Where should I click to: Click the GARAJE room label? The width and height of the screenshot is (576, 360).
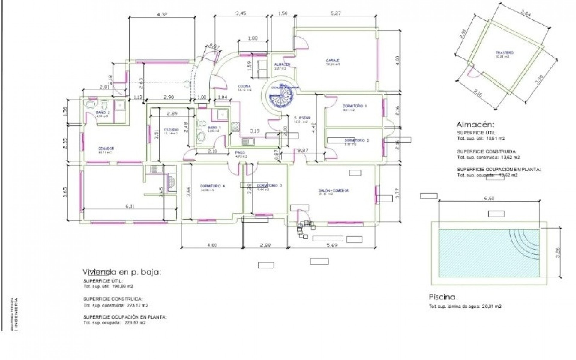pyautogui.click(x=333, y=61)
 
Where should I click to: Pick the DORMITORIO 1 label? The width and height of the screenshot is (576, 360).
pyautogui.click(x=355, y=106)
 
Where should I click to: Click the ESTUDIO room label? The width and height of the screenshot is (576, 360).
pyautogui.click(x=171, y=130)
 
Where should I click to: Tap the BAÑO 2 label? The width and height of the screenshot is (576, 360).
pyautogui.click(x=103, y=112)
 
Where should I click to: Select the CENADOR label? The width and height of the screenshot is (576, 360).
pyautogui.click(x=106, y=148)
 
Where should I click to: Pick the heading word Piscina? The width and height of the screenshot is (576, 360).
pyautogui.click(x=443, y=297)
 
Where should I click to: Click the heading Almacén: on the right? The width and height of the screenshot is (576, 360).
pyautogui.click(x=475, y=124)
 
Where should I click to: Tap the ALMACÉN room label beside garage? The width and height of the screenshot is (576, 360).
pyautogui.click(x=282, y=65)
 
